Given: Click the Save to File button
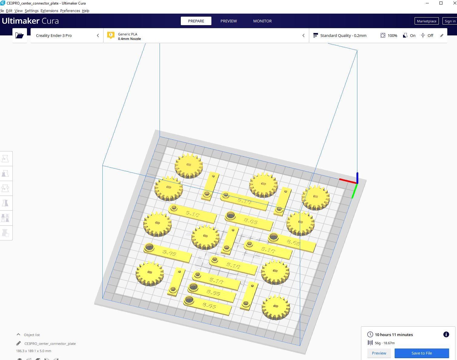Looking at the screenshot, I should click(x=422, y=353).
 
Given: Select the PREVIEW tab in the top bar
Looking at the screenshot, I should click(x=229, y=21).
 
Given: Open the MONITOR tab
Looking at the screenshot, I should click(x=262, y=21).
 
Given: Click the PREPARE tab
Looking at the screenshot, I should click(x=196, y=21).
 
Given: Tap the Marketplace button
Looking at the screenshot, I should click(x=426, y=21).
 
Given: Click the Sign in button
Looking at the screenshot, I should click(x=450, y=21).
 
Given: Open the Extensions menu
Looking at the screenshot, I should click(x=49, y=11).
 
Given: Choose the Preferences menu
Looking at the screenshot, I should click(x=70, y=11).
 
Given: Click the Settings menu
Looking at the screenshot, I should click(x=31, y=11).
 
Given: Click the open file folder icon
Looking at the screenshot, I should click(x=20, y=35).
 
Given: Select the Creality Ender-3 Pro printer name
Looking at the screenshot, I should click(x=54, y=35).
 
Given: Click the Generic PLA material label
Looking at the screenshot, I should click(x=127, y=34).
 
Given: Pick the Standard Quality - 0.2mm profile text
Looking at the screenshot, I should click(x=343, y=35).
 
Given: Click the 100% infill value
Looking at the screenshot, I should click(x=392, y=35).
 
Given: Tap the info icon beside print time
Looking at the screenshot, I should click(x=446, y=335).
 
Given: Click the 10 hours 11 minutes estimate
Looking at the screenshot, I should click(x=394, y=335).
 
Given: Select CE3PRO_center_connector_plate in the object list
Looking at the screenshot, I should click(x=50, y=344).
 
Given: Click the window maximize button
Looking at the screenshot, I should click(x=441, y=3).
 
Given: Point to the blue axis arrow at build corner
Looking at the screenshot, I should click(x=357, y=177).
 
